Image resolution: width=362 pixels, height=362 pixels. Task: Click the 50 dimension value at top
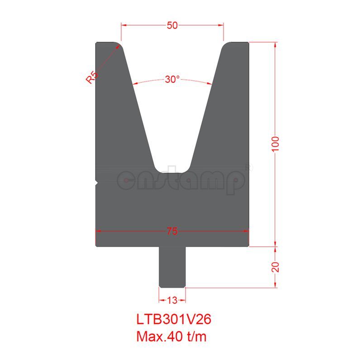click(172, 25)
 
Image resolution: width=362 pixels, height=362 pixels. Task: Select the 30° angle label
click(172, 79)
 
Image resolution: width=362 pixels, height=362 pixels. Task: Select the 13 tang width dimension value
click(172, 299)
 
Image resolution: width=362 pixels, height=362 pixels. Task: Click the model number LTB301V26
click(174, 319)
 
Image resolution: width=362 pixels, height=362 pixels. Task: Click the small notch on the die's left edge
click(97, 182)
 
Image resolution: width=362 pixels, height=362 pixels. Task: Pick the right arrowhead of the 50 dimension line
click(221, 25)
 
